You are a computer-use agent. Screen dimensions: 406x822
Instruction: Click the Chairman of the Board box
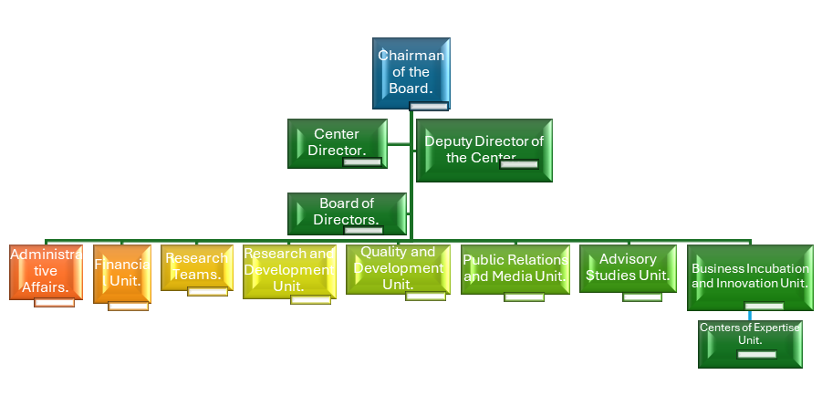411,73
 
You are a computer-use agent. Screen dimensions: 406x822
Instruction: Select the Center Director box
337,143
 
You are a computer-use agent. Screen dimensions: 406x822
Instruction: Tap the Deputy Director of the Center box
484,150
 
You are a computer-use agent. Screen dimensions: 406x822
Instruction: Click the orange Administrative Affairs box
46,271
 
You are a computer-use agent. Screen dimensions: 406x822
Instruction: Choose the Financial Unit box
121,273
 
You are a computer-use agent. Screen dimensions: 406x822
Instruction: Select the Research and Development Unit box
288,271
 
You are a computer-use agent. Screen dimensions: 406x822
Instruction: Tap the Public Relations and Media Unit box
515,268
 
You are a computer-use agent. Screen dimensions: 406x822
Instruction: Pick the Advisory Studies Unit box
628,267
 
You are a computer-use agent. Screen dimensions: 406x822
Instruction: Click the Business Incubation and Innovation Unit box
749,276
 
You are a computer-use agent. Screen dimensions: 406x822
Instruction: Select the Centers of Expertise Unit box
750,343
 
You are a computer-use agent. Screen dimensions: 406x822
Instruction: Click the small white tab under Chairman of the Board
429,107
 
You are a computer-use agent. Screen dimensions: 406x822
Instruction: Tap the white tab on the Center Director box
362,162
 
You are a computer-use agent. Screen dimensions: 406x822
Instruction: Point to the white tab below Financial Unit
128,306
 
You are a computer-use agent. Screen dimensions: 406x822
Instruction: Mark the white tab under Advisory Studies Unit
642,297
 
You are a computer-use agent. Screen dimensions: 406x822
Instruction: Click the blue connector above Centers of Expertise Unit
750,316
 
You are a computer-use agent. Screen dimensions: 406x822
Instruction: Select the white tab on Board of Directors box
363,230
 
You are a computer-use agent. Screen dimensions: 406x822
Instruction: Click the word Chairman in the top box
411,56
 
